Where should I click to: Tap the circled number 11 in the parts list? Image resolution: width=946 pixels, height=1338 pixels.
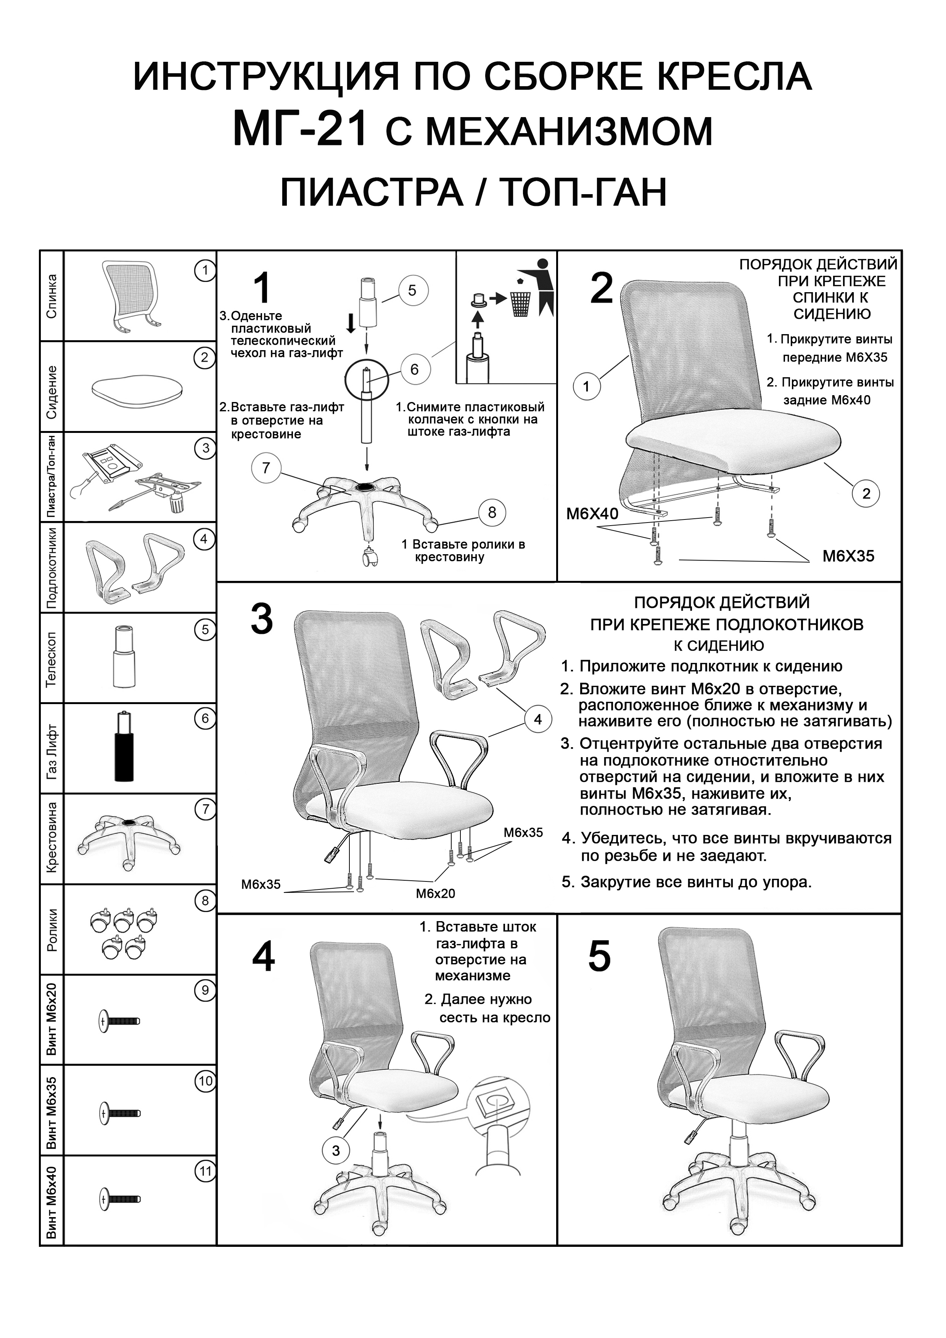coord(206,1171)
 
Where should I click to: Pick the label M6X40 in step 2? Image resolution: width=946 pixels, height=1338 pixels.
coord(592,513)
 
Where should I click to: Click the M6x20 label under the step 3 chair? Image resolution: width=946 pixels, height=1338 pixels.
coord(435,893)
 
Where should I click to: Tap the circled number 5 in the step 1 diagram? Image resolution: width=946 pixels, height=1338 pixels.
coord(412,290)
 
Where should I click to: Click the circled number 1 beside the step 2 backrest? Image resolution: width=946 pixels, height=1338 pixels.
coord(586,386)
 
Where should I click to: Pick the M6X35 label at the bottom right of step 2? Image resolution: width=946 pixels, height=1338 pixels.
coord(848,556)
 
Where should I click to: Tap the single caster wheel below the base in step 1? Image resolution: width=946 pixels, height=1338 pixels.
coord(370,558)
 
